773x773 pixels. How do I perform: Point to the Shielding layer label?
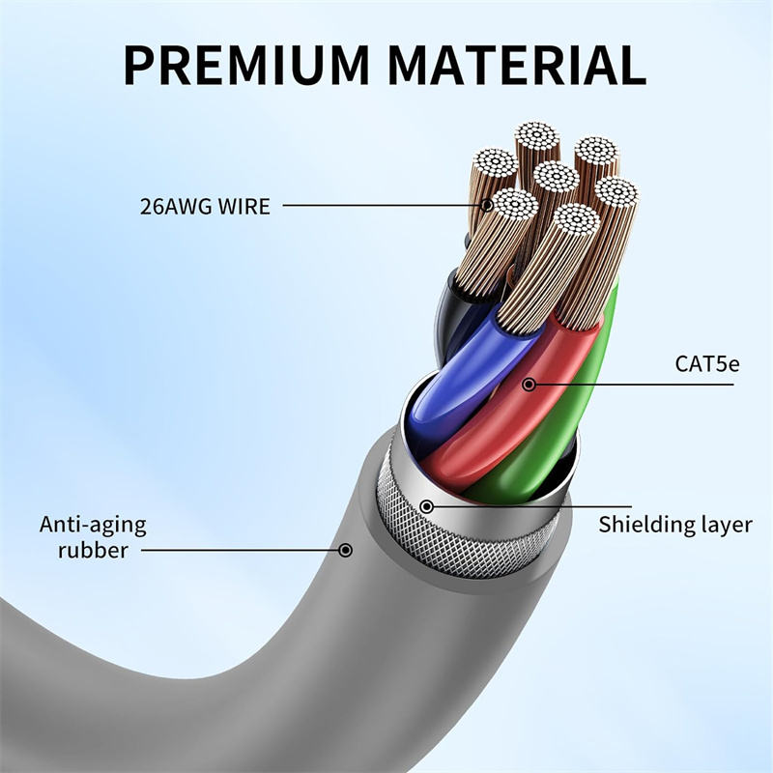(674, 525)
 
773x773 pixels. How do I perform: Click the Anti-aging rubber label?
(93, 537)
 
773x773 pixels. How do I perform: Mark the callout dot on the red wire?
(529, 385)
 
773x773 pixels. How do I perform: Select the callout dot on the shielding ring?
(427, 505)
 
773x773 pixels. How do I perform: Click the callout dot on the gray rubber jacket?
(345, 551)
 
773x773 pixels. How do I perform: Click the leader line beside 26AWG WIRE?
(386, 205)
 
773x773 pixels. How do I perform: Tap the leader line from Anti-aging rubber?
(242, 551)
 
